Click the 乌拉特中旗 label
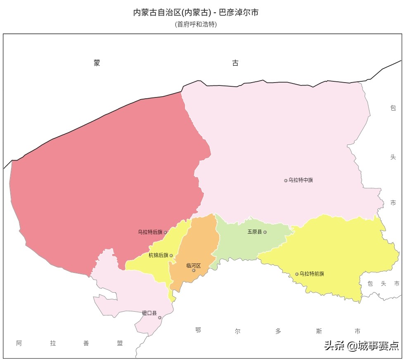tap(301, 180)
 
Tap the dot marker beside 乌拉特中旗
tap(285, 180)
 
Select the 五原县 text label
tap(255, 232)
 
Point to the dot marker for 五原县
tap(265, 232)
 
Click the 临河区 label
tap(193, 265)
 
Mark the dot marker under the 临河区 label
tap(194, 270)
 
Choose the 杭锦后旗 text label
tap(159, 256)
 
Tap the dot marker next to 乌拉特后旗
tap(166, 232)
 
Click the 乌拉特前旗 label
tap(312, 274)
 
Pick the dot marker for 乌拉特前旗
tap(297, 274)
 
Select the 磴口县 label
tap(149, 313)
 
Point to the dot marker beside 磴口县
tap(160, 317)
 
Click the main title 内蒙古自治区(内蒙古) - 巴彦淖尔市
tap(196, 12)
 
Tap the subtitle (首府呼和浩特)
tap(196, 24)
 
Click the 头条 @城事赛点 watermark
tap(361, 345)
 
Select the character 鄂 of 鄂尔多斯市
tap(198, 330)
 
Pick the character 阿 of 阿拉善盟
tap(19, 343)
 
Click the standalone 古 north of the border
tap(235, 63)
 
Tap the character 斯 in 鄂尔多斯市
tap(319, 331)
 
